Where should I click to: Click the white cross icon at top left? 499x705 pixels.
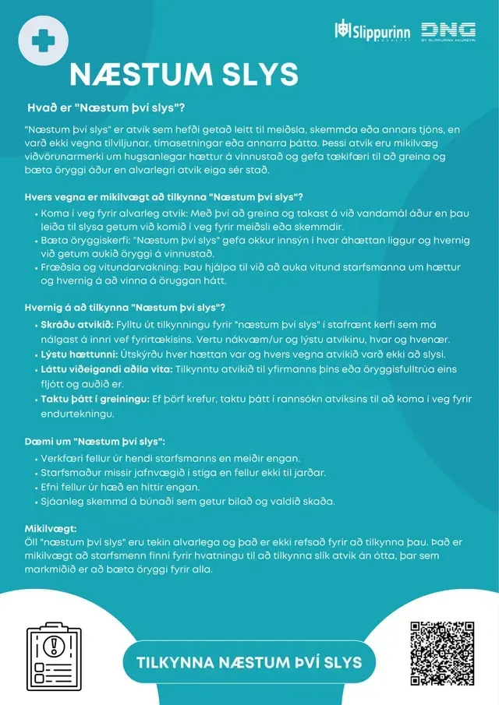pos(43,38)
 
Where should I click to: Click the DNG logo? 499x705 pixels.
pos(448,31)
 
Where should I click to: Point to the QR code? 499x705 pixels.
pos(442,653)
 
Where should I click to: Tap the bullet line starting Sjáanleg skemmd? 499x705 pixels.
pos(188,501)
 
